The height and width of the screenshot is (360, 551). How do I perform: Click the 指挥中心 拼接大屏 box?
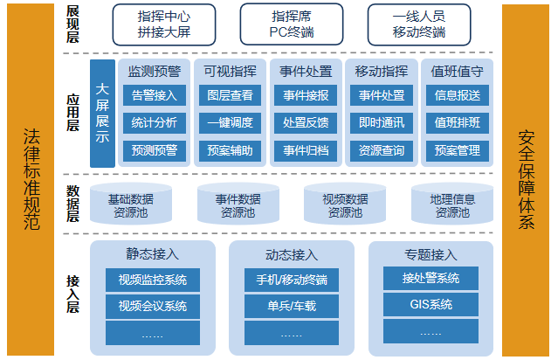tap(164, 24)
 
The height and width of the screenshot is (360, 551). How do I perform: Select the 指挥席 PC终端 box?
tap(292, 24)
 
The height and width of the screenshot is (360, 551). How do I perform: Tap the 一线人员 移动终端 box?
tap(419, 24)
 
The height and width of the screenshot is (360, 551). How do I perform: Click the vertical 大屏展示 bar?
tap(102, 114)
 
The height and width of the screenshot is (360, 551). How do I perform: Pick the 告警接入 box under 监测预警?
tap(155, 95)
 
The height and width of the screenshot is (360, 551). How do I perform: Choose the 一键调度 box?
tap(230, 122)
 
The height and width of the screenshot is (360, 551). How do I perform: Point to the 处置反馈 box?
tap(306, 122)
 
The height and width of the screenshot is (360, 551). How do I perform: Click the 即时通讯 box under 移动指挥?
tap(382, 122)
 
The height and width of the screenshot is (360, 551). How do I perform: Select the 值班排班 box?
tap(458, 122)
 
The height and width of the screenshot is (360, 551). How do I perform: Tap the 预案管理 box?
tap(458, 151)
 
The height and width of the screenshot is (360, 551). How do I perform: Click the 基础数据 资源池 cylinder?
tap(131, 204)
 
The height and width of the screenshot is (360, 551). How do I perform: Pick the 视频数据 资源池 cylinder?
tap(345, 204)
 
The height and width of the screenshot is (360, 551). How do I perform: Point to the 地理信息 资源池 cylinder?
tap(452, 204)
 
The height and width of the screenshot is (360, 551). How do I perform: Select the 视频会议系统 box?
tap(153, 306)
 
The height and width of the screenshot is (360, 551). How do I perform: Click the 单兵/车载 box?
tap(292, 306)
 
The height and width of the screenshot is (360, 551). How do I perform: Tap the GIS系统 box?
tap(430, 304)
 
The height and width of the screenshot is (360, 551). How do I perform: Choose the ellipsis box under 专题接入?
tap(430, 331)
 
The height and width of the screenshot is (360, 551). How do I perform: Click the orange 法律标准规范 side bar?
tap(31, 180)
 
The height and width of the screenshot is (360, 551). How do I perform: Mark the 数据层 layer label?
tap(72, 204)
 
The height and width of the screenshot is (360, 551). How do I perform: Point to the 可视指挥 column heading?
tap(231, 72)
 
